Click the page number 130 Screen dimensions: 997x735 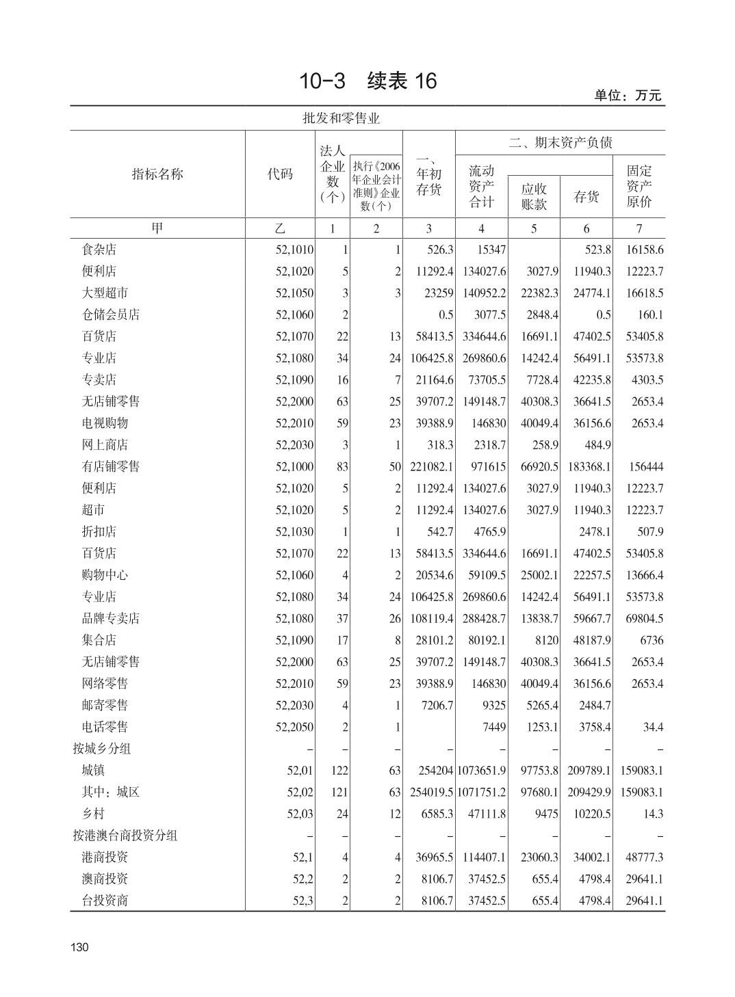tap(79, 947)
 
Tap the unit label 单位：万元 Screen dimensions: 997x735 tap(628, 96)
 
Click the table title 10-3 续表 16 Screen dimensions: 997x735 tap(367, 81)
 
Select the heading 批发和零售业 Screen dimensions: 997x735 tap(341, 118)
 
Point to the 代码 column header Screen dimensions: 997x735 tap(279, 174)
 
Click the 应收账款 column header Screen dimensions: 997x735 tap(534, 197)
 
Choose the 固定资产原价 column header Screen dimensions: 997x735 tap(639, 185)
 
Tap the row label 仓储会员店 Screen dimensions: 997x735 tap(110, 315)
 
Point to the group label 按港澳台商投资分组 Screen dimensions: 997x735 tap(125, 836)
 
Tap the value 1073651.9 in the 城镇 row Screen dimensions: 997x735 tap(482, 771)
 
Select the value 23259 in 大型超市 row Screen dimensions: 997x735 tap(438, 293)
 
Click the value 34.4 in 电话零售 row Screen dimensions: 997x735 tap(653, 727)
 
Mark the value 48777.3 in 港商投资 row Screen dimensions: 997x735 tap(642, 858)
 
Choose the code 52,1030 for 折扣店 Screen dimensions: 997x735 tap(294, 532)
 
